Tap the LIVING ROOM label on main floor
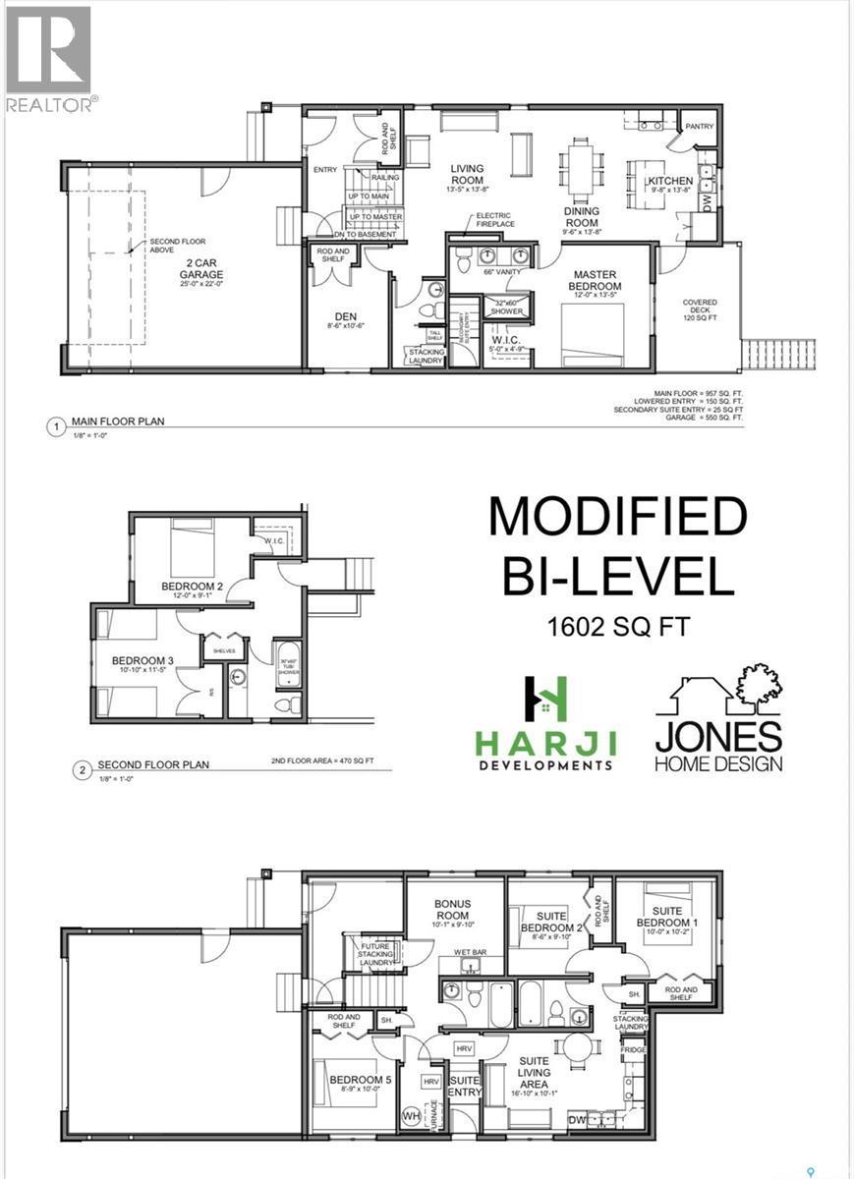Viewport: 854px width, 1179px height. (x=467, y=174)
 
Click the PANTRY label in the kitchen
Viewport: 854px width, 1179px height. (x=699, y=127)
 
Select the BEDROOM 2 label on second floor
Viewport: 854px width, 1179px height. (x=192, y=587)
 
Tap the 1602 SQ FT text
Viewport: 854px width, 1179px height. (x=618, y=626)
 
